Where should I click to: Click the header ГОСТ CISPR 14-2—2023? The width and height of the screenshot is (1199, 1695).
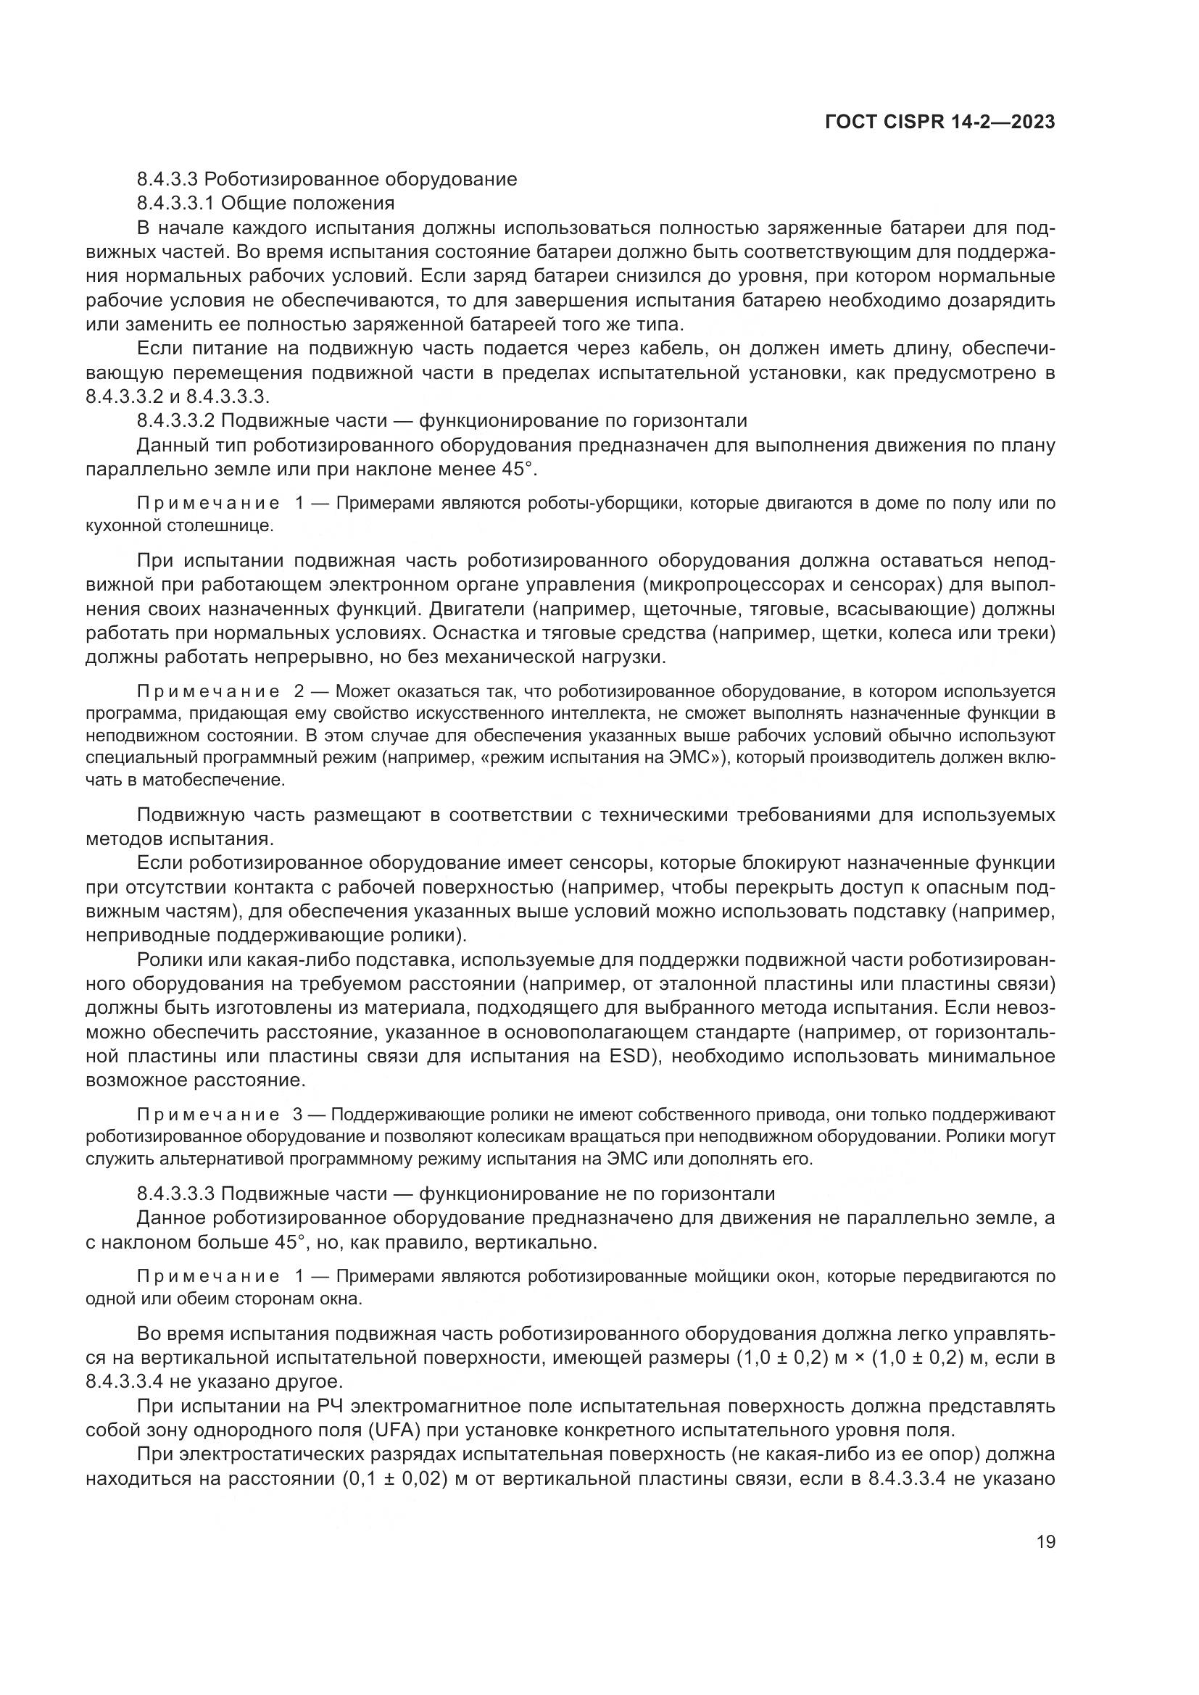pyautogui.click(x=939, y=122)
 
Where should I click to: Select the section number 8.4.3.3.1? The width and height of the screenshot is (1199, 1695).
pyautogui.click(x=175, y=203)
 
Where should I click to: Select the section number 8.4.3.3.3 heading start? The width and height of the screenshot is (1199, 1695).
pyautogui.click(x=175, y=1194)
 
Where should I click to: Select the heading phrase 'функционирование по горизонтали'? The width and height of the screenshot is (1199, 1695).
pyautogui.click(x=584, y=421)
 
